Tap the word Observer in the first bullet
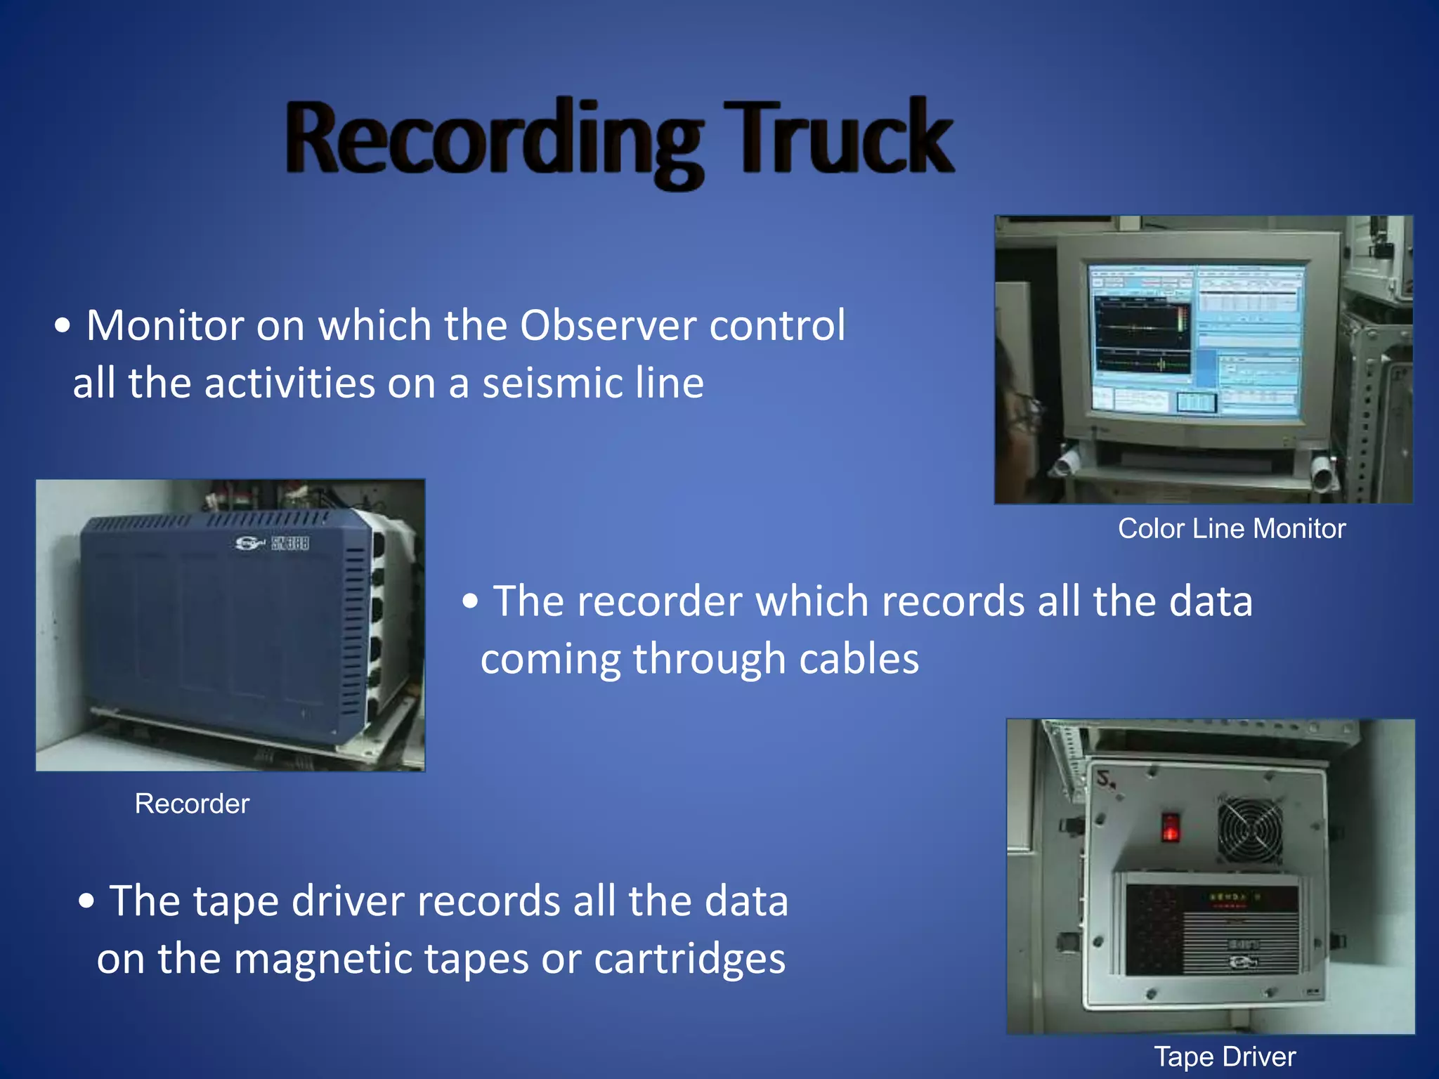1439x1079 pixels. point(608,325)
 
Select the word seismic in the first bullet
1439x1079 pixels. point(552,384)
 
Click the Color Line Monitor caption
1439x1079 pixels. point(1231,528)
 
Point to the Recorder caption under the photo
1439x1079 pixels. point(192,804)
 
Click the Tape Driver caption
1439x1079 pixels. point(1225,1057)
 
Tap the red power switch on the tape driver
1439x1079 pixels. point(1170,827)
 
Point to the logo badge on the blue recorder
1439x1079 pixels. point(271,543)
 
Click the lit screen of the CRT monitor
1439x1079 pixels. point(1196,340)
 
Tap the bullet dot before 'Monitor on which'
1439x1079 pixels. point(63,326)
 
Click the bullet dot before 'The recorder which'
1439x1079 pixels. point(470,601)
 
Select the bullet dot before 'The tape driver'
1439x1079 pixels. point(86,901)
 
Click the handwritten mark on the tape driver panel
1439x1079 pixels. point(1107,779)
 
